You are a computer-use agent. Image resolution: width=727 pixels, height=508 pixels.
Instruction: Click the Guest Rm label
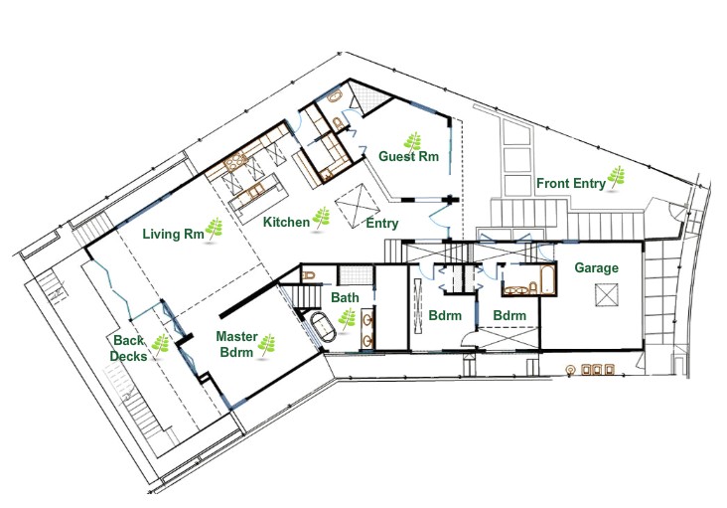[408, 156]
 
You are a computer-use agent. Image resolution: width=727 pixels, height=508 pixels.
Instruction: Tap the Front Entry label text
[570, 183]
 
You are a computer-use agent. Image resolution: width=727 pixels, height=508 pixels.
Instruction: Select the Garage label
[596, 267]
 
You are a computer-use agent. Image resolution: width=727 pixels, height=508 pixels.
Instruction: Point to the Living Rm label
[173, 235]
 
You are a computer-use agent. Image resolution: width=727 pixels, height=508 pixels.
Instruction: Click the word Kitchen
[286, 223]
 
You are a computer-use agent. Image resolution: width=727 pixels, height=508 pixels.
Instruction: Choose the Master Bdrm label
[235, 345]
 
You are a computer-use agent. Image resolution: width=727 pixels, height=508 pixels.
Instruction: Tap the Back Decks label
[129, 348]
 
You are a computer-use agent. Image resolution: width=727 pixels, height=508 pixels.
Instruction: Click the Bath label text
[346, 297]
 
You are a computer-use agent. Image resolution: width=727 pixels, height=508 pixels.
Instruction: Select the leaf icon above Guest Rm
[409, 139]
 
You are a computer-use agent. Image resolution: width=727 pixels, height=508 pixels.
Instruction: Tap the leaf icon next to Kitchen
[323, 217]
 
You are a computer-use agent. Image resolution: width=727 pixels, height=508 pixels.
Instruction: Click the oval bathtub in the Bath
[323, 329]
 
